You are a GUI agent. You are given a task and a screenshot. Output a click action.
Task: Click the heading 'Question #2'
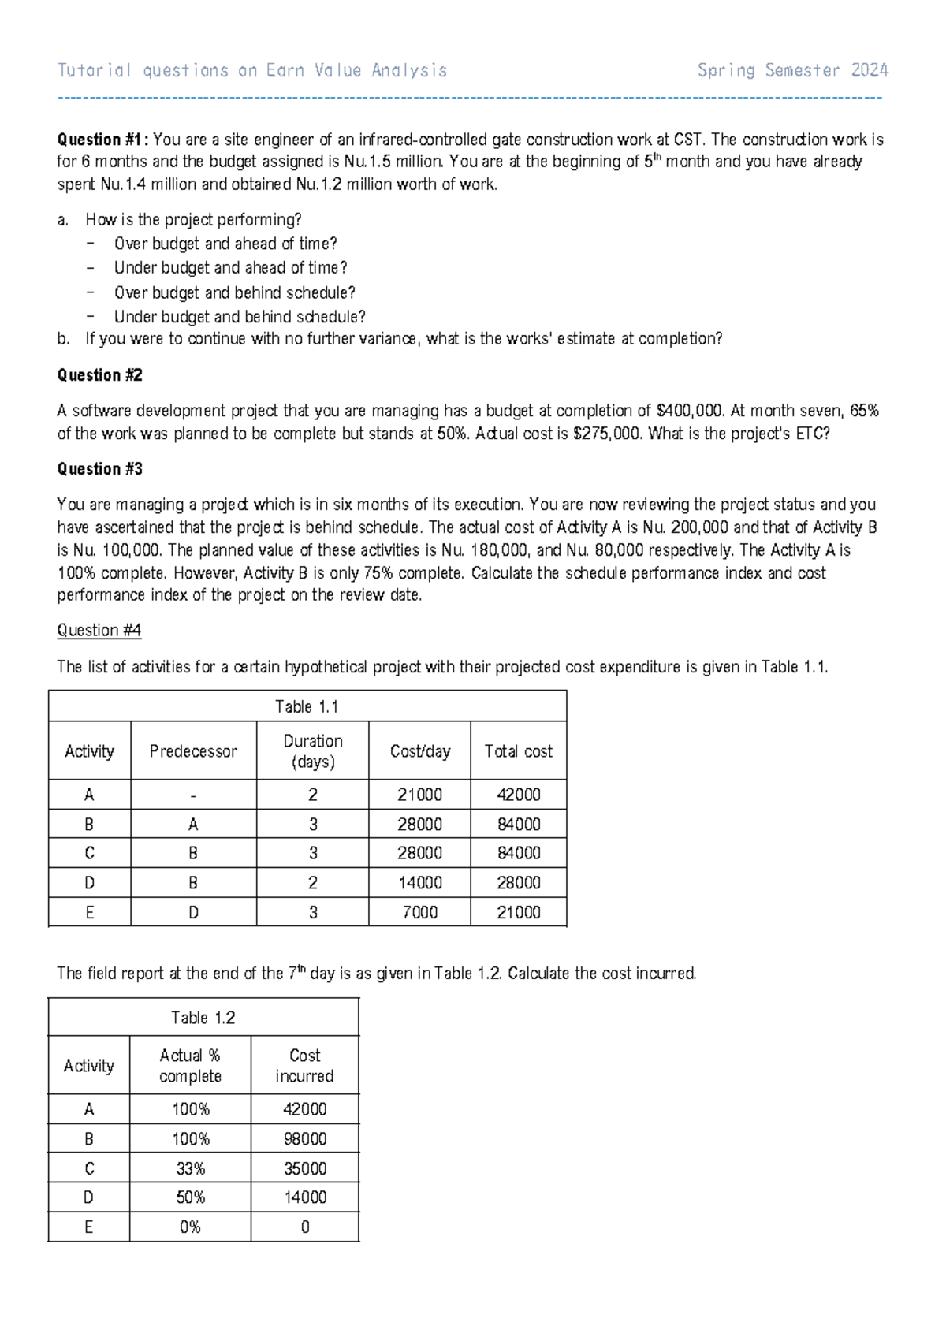(x=99, y=375)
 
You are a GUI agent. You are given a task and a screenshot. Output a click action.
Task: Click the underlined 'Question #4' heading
(x=99, y=630)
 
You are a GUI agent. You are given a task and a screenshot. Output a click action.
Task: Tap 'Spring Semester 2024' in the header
(x=792, y=71)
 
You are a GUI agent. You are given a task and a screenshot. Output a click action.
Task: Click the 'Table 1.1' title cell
(x=307, y=706)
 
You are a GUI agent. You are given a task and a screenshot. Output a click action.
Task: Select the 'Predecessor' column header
(x=193, y=751)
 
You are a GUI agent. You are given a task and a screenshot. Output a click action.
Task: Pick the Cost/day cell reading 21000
(x=419, y=795)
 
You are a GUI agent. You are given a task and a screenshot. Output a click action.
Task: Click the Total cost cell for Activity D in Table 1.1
(x=518, y=883)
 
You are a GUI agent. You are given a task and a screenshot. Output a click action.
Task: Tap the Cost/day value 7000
(x=419, y=912)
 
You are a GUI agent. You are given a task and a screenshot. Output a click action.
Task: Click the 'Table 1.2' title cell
(x=203, y=1018)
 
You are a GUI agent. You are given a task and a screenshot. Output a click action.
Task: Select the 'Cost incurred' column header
(x=304, y=1065)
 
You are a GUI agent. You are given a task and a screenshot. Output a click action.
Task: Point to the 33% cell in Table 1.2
(x=190, y=1168)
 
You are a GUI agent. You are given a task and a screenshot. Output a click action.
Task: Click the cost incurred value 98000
(x=304, y=1138)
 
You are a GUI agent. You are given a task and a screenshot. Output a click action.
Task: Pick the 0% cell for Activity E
(x=190, y=1227)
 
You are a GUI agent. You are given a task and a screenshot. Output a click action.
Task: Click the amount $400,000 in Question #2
(x=690, y=411)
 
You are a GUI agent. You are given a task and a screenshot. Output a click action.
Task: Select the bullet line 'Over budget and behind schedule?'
(x=234, y=292)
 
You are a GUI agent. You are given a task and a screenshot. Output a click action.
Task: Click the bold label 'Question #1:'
(x=102, y=140)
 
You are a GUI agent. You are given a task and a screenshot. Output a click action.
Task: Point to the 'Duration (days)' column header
(x=312, y=751)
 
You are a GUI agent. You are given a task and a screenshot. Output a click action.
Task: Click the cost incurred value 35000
(x=304, y=1168)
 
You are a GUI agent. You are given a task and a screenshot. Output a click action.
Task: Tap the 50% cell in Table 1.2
(x=190, y=1197)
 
